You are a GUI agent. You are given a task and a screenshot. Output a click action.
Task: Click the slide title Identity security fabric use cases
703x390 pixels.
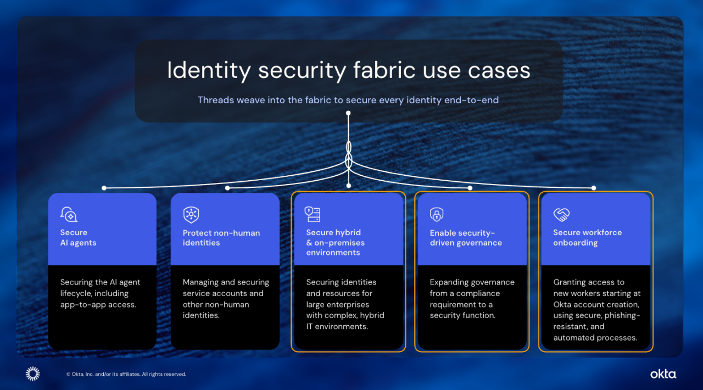coord(348,71)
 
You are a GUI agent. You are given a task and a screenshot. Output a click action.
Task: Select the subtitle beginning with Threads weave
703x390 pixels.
coord(348,100)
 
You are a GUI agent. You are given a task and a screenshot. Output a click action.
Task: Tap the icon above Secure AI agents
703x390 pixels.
coord(69,214)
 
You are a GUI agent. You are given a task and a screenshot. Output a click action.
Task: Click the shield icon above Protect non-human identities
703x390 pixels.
coord(191,215)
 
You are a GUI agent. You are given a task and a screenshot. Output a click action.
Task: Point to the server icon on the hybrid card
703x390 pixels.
coord(313,214)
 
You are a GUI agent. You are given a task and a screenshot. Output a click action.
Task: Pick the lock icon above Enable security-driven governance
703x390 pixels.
coord(437,214)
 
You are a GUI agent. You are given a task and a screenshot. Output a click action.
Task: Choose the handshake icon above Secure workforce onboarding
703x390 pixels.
coord(561,214)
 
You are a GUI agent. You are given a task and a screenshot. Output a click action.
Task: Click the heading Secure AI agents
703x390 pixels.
coord(78,238)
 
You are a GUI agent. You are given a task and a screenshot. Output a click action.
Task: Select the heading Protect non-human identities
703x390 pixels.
coord(221,238)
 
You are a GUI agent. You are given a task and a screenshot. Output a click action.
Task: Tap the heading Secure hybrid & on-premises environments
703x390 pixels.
coord(335,243)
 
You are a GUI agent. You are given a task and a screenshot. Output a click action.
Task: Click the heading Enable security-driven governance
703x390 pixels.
coord(466,238)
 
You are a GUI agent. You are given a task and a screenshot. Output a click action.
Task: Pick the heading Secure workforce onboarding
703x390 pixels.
coord(588,238)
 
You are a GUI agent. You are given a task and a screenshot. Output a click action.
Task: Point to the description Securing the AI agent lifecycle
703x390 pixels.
coord(101,293)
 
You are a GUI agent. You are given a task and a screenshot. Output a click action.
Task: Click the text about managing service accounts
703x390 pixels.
coord(226,299)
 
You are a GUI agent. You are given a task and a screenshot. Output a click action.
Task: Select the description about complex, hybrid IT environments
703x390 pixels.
coord(345,304)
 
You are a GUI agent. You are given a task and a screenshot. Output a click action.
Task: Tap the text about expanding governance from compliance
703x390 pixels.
coord(472,299)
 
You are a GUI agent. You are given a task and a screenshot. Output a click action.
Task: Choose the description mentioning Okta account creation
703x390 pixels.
coord(596,310)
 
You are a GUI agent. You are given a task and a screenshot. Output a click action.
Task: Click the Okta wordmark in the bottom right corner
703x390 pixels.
coord(663,374)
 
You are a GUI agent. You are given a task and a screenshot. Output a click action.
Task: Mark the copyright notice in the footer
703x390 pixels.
coord(126,375)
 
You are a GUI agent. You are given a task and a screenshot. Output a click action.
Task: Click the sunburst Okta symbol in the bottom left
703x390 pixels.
coord(33,374)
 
